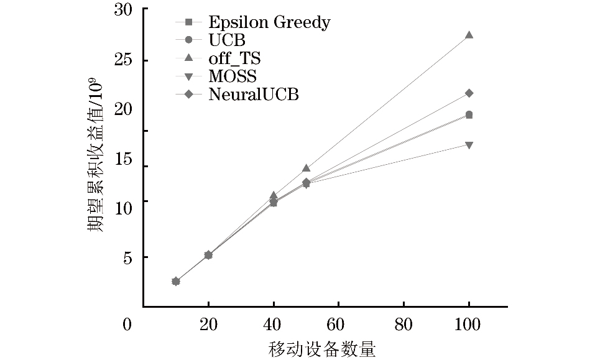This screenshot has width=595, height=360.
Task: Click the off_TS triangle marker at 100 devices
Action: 469,35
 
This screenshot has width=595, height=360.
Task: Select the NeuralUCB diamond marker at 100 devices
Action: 469,93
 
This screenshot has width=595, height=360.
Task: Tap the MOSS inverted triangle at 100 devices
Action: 469,145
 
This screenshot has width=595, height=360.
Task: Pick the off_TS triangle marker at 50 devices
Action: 306,168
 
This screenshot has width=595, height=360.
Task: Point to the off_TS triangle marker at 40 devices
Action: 273,195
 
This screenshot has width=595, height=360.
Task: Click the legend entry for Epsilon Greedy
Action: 269,23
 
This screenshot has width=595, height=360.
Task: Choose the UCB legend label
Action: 227,41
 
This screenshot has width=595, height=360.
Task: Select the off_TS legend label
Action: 234,59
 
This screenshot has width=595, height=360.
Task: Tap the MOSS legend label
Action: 233,77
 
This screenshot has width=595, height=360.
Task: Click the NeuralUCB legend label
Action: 254,95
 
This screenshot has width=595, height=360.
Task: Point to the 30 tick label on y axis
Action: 124,10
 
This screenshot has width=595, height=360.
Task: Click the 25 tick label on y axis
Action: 124,61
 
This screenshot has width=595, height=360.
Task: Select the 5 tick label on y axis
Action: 127,257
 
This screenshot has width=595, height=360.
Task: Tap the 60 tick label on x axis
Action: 338,324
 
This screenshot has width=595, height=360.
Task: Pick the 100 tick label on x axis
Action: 468,324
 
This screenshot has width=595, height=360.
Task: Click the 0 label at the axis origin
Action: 127,324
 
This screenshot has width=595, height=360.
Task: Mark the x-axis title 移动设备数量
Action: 322,349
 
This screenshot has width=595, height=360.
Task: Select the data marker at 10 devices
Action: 176,281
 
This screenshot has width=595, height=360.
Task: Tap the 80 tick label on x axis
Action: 404,324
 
